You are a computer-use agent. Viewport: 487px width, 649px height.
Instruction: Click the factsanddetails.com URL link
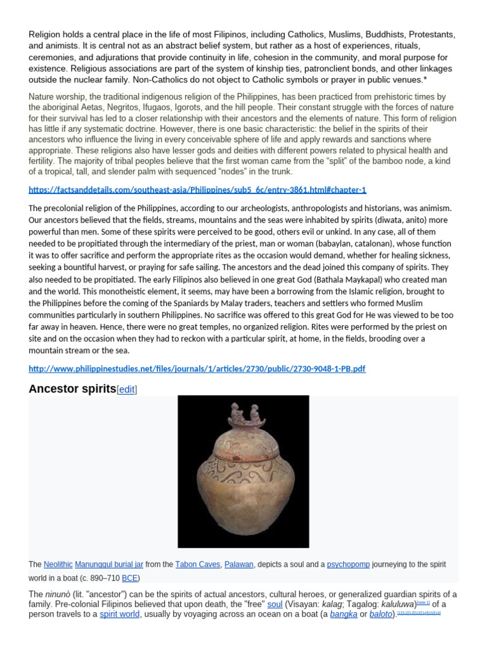[x=197, y=190]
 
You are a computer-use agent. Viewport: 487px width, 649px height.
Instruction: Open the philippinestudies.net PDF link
[x=197, y=369]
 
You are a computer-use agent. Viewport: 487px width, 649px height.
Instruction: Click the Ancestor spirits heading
[x=72, y=389]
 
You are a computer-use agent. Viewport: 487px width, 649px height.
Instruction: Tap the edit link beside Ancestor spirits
[x=127, y=390]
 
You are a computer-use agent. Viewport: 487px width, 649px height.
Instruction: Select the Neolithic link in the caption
[x=58, y=564]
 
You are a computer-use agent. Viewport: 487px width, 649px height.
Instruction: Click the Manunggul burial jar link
[x=109, y=564]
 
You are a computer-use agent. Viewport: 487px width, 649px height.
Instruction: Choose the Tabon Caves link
[x=196, y=564]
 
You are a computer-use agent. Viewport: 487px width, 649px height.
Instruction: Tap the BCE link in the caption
[x=129, y=578]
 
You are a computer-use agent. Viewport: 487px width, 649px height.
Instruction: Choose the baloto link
[x=380, y=614]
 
